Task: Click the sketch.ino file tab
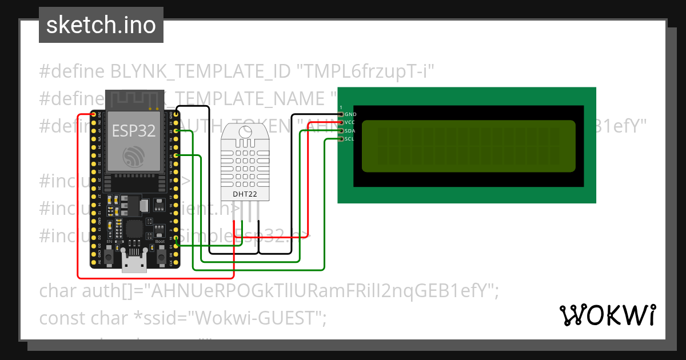tap(101, 25)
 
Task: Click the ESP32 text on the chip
tap(133, 131)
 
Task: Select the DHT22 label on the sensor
tap(244, 194)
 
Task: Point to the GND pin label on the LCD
tap(350, 114)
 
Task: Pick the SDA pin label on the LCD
tap(350, 131)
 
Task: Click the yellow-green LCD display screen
tap(468, 146)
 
